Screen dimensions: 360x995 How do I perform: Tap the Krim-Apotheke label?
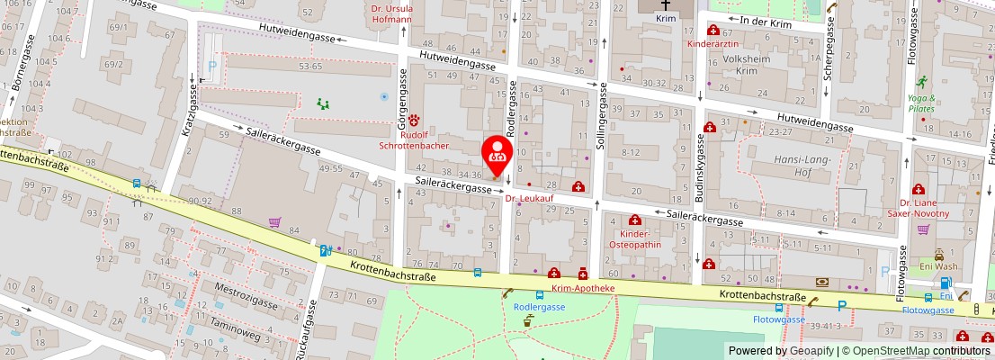coord(583,288)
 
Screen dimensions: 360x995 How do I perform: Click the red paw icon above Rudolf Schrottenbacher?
coord(415,119)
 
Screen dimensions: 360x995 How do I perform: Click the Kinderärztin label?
coord(713,43)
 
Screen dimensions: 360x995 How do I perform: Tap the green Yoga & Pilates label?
coord(921,103)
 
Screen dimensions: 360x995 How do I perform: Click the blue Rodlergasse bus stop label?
coord(538,306)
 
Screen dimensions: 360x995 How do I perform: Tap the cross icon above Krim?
coord(666,4)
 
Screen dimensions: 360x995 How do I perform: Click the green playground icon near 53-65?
coord(322,103)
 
